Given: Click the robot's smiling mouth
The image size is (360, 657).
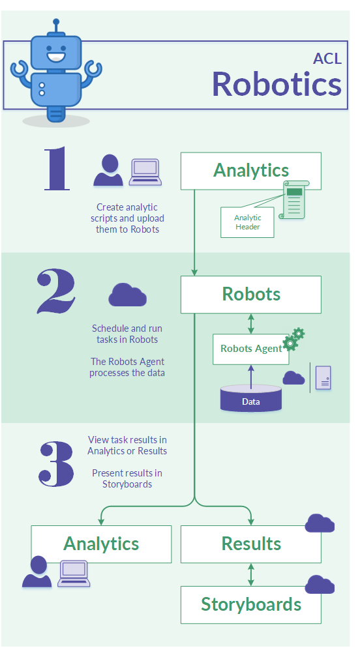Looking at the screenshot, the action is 56,55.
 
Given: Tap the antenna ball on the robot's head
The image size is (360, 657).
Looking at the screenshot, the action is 56,22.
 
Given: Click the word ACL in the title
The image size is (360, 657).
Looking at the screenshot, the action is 327,59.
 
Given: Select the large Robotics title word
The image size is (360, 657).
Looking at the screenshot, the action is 277,84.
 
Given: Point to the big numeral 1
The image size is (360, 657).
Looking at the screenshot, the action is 57,168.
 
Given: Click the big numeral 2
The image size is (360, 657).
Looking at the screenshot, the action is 56,291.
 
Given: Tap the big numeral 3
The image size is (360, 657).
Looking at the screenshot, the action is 56,464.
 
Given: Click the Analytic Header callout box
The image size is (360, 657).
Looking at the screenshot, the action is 247,222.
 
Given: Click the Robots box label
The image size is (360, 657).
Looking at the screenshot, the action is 251,294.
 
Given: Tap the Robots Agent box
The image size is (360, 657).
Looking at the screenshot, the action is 250,349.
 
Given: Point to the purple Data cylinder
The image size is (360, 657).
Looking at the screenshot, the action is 251,398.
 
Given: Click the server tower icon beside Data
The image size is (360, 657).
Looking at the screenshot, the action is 323,378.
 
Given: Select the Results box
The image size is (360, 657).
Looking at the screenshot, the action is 251,544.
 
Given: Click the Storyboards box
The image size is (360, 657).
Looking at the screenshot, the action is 251,605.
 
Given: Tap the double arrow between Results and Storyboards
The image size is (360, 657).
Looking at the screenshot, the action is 251,574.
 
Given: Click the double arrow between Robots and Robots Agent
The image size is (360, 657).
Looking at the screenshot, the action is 251,323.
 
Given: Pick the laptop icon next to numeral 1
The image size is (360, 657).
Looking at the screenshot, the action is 145,172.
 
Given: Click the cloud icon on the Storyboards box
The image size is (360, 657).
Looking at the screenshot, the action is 320,585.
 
